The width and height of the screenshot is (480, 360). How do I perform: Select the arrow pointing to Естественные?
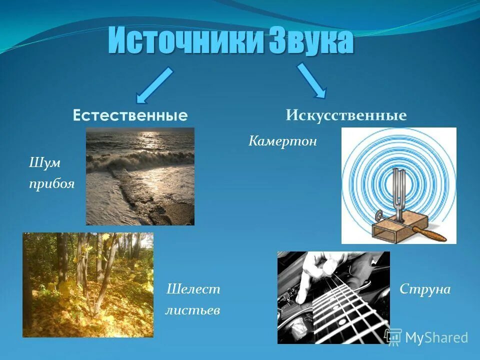[x=154, y=84]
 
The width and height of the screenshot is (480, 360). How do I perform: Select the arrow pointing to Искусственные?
[x=312, y=80]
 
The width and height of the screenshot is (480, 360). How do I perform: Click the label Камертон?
[x=282, y=141]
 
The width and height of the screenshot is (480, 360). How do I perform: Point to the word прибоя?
[x=51, y=184]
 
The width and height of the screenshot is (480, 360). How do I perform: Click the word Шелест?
[x=193, y=289]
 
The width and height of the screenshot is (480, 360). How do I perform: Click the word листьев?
[x=192, y=310]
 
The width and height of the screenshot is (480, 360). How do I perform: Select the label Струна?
[x=425, y=289]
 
